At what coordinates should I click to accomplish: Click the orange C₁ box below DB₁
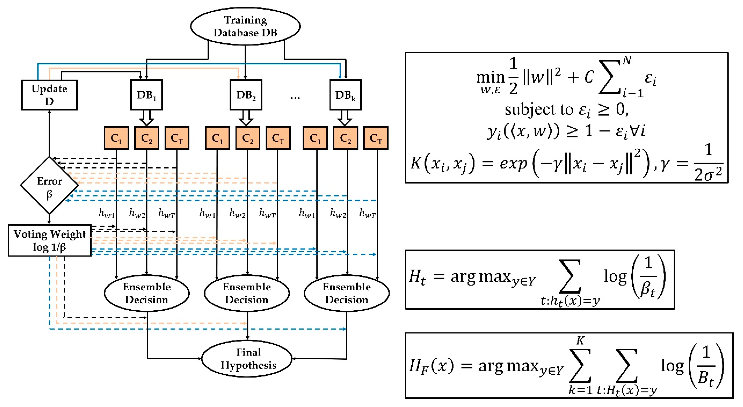click(x=116, y=138)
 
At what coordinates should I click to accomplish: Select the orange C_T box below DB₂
click(x=278, y=138)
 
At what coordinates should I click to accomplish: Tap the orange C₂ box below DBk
click(x=346, y=138)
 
